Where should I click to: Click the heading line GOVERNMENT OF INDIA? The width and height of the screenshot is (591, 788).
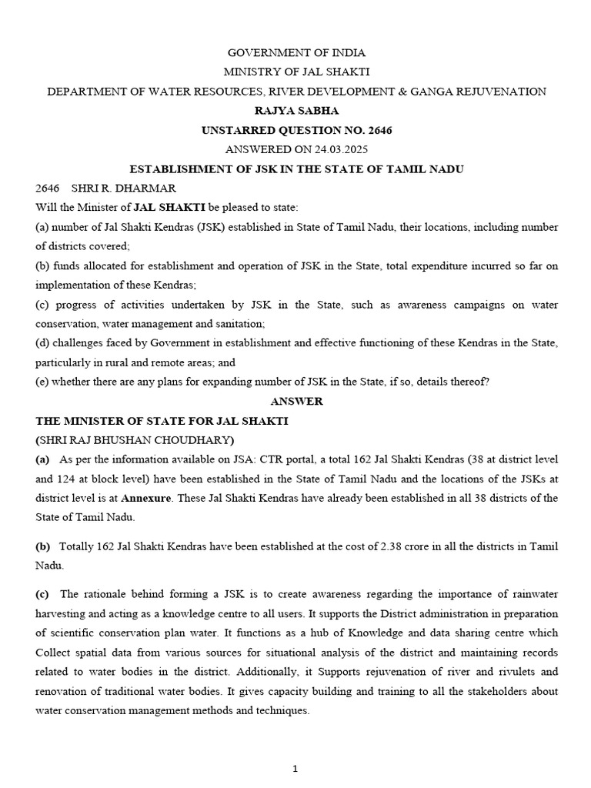(296, 53)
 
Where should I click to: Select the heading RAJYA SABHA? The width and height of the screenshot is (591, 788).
(296, 111)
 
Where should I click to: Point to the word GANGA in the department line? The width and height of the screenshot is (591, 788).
(436, 92)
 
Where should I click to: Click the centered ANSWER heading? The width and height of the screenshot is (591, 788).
(296, 402)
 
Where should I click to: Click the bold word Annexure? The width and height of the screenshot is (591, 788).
(145, 498)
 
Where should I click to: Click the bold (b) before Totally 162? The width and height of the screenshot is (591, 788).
(43, 546)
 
